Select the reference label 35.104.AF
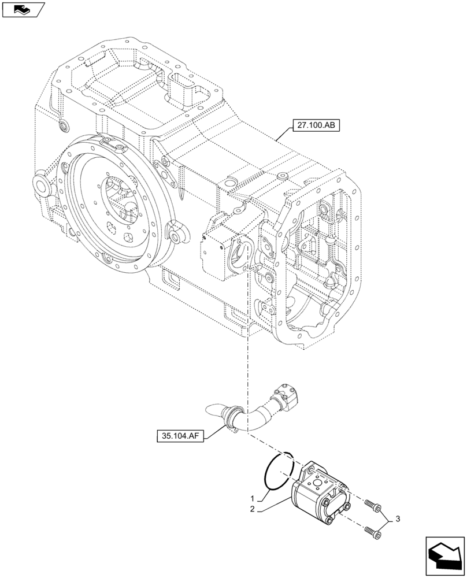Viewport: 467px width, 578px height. point(181,435)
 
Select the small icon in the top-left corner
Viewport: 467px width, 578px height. point(23,9)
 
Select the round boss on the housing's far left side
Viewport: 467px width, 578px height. point(42,186)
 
